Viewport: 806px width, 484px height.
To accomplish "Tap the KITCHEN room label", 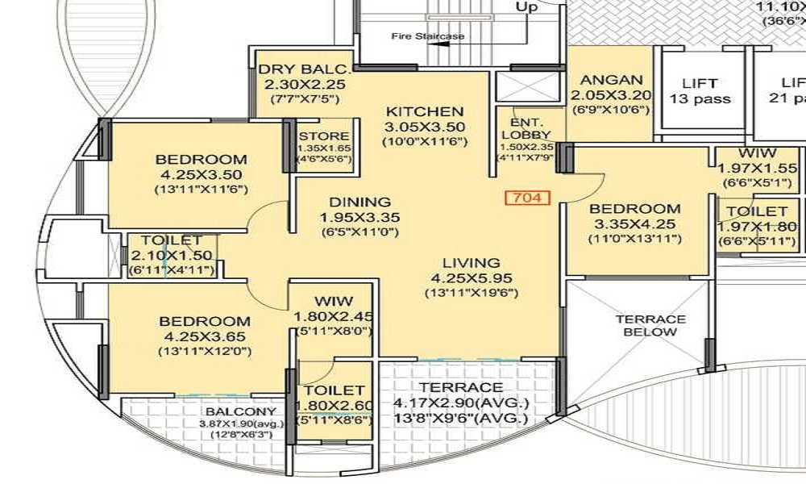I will [424, 111].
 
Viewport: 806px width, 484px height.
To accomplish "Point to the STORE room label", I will [324, 136].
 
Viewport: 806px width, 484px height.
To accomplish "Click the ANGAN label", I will [612, 80].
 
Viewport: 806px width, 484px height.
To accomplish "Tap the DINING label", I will [355, 202].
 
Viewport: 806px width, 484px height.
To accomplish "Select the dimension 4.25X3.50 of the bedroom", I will [201, 174].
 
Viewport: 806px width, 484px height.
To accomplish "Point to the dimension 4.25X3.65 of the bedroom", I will [201, 336].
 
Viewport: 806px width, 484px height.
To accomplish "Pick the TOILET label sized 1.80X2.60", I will [334, 390].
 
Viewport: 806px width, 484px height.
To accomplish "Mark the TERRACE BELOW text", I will [650, 325].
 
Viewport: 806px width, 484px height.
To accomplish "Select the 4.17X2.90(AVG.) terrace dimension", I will [460, 403].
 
